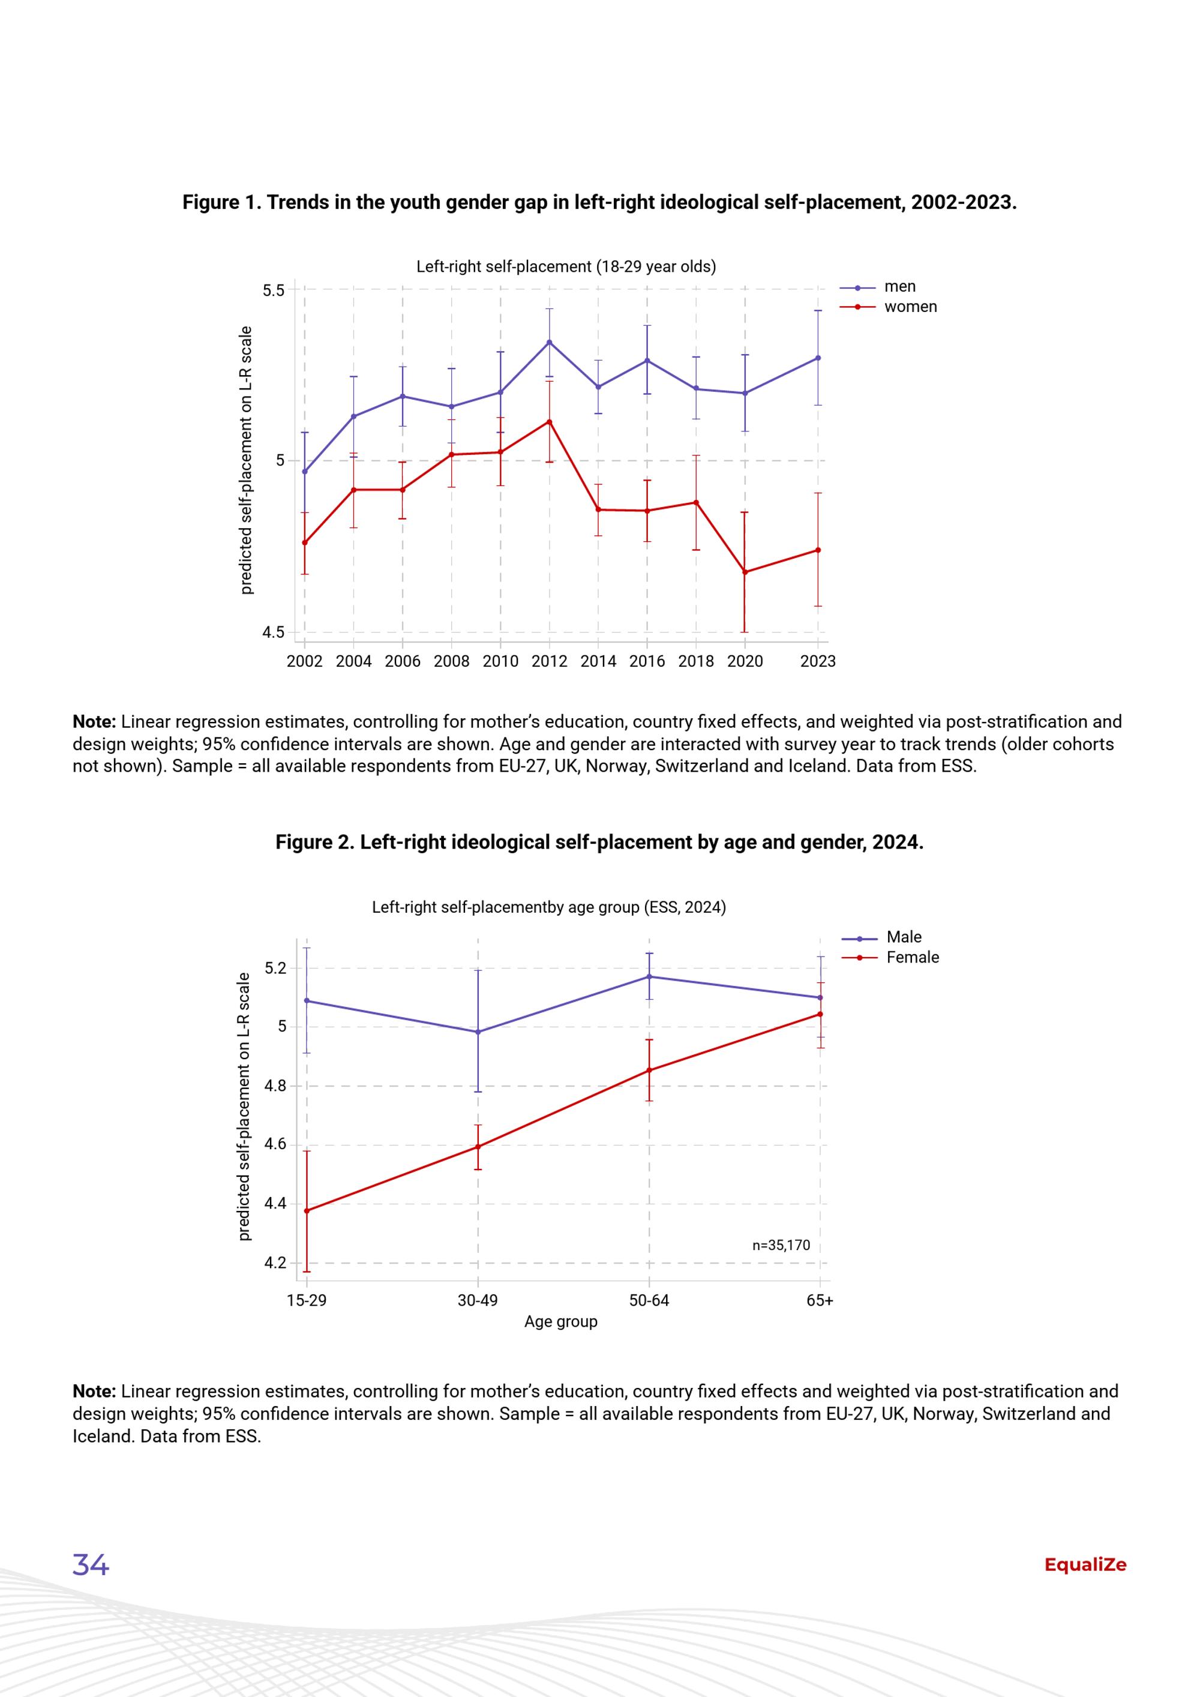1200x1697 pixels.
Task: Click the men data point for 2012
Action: (549, 342)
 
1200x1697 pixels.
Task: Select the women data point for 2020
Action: (745, 572)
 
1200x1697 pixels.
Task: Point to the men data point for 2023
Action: (818, 358)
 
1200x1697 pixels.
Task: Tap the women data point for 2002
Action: (304, 542)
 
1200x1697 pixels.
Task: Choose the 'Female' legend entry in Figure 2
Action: (890, 957)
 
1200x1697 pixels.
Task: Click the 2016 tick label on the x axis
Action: (647, 661)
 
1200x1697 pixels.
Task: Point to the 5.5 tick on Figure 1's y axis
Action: (274, 290)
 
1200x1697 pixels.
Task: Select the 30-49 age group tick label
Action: (478, 1300)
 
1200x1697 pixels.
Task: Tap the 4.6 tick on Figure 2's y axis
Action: (275, 1145)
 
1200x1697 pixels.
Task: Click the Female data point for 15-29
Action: (307, 1211)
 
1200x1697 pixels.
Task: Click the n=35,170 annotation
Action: (781, 1245)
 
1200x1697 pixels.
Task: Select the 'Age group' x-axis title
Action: (561, 1321)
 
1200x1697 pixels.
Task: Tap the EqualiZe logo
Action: (1085, 1565)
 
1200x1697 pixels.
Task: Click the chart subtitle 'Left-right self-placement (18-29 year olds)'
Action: (566, 267)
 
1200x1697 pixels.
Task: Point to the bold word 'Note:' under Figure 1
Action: (95, 721)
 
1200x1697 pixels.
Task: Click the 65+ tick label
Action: (820, 1300)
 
